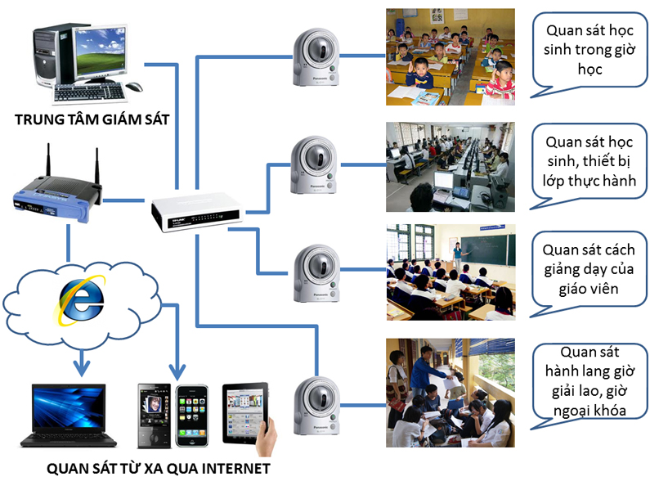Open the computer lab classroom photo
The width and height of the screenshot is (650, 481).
(450, 168)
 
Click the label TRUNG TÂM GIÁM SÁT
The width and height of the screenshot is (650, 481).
(92, 120)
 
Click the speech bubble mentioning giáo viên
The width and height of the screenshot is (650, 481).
(588, 268)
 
